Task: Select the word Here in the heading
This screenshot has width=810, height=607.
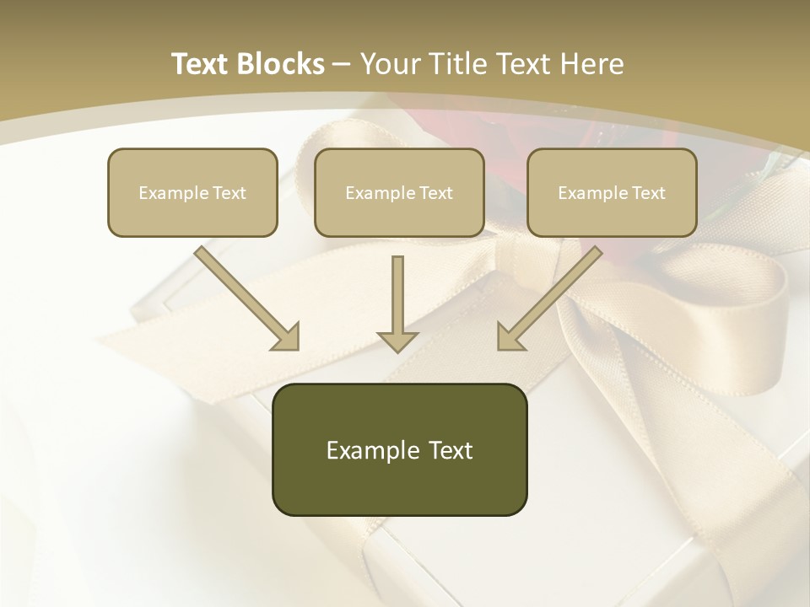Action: coord(591,64)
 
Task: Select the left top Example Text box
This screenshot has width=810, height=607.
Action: coord(192,192)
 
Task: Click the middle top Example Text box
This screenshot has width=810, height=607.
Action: coord(399,192)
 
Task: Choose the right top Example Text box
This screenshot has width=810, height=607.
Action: coord(612,192)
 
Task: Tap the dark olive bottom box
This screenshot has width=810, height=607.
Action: coord(399,449)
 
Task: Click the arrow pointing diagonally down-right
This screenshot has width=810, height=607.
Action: coord(246,298)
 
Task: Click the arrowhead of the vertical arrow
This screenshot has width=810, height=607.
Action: coord(397,340)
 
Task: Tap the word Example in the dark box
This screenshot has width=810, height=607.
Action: coord(364,450)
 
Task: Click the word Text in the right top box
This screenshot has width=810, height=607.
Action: coord(649,193)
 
